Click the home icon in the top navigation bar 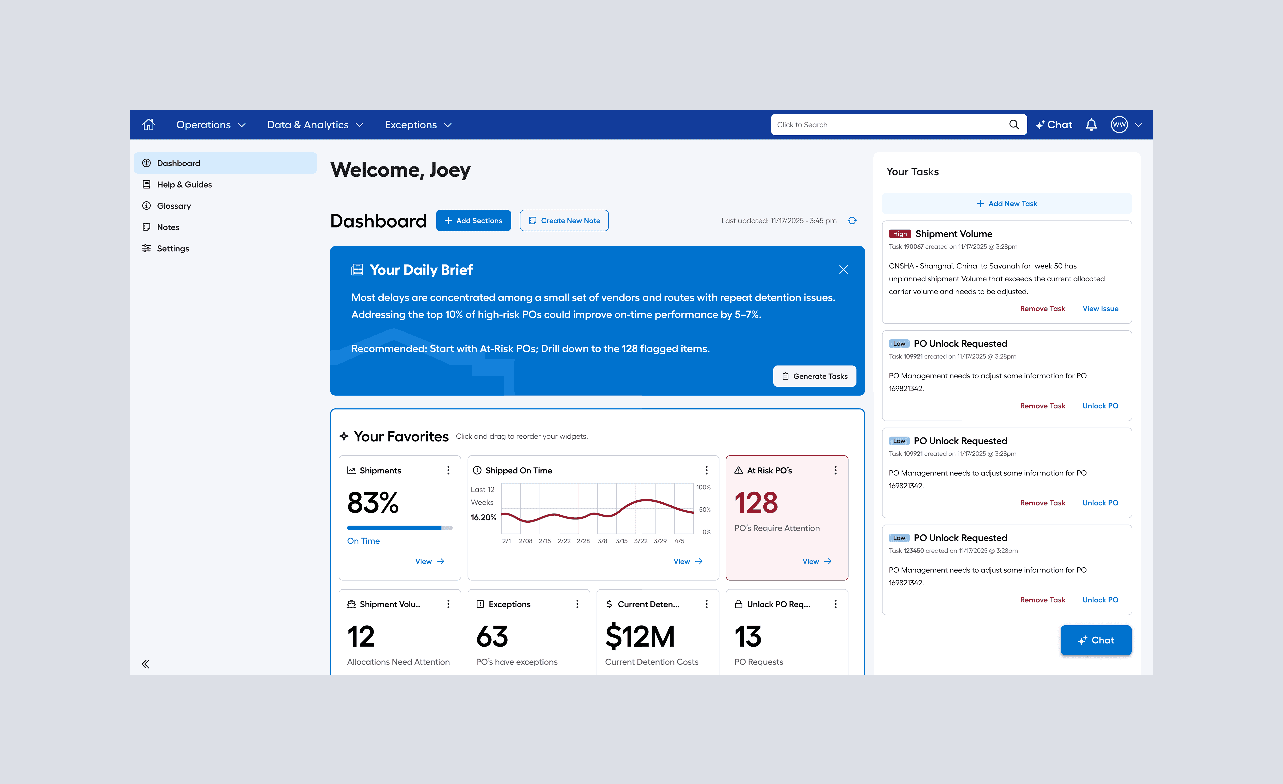click(148, 124)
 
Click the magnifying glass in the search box click(1013, 124)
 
